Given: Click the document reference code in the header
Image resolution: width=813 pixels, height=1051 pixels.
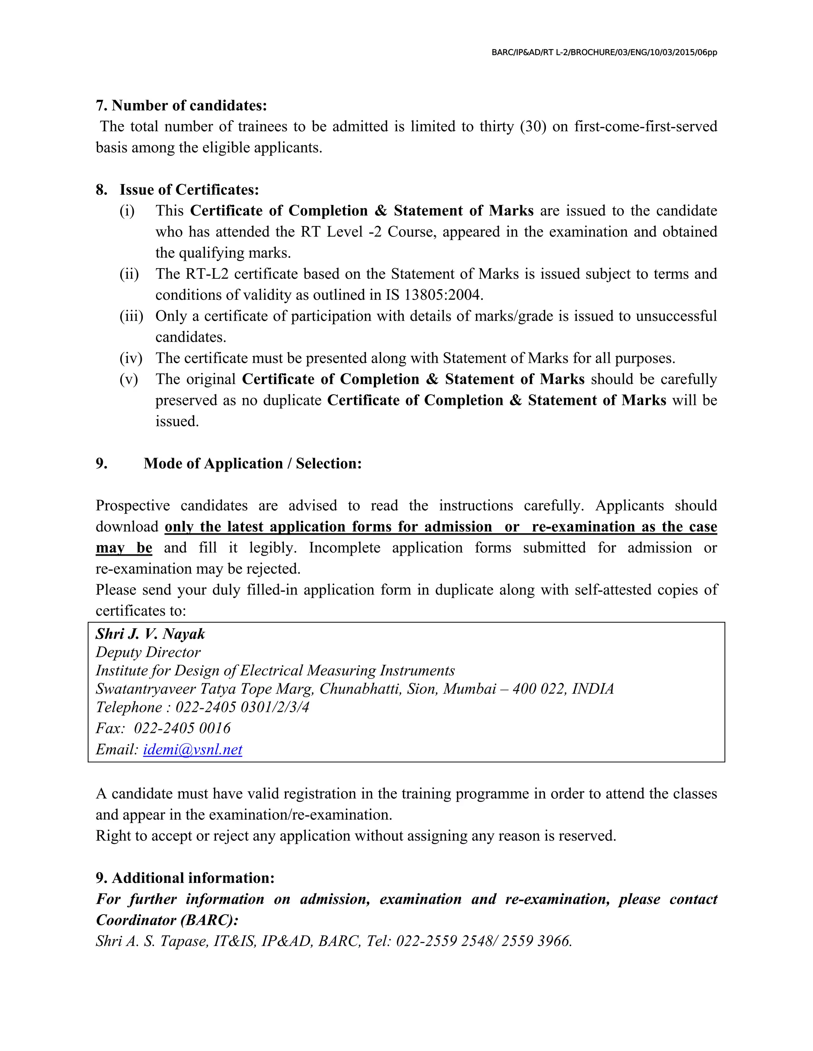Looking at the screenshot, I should (604, 52).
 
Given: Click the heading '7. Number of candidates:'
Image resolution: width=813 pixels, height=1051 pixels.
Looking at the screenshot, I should (181, 105).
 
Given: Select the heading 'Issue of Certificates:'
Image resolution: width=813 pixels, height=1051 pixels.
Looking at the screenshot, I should (189, 190).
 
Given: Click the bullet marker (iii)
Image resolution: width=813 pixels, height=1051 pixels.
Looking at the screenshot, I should (131, 316).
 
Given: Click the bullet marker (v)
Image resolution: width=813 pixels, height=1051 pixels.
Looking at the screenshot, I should (129, 379).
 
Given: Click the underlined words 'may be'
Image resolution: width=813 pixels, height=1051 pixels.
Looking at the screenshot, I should (124, 548).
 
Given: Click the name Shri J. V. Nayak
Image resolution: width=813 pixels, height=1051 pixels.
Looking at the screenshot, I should (150, 634).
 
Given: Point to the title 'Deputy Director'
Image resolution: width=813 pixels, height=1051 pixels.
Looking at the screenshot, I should (148, 652).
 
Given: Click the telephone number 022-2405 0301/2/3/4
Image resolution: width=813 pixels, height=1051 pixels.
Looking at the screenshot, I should (242, 708).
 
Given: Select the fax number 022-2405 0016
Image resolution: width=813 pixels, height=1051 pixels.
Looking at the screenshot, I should (182, 728).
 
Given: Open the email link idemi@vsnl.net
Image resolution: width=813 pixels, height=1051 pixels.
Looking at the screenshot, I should (193, 749).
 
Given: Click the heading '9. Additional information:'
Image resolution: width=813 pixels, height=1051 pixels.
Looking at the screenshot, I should (185, 878).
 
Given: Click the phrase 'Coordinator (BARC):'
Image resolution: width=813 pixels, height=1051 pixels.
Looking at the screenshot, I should (167, 920).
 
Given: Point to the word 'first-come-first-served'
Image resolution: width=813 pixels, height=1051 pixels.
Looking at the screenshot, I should (645, 127).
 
